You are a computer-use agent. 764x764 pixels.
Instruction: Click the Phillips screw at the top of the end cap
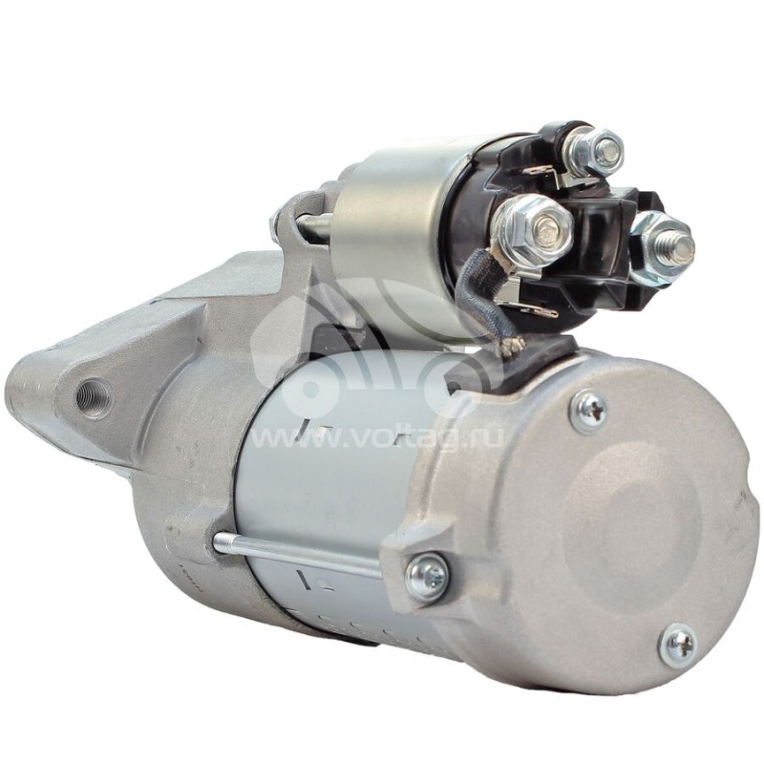pyautogui.click(x=589, y=411)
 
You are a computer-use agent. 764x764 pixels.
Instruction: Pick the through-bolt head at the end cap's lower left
pyautogui.click(x=427, y=576)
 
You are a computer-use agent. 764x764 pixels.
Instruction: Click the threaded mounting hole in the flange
pyautogui.click(x=90, y=395)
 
